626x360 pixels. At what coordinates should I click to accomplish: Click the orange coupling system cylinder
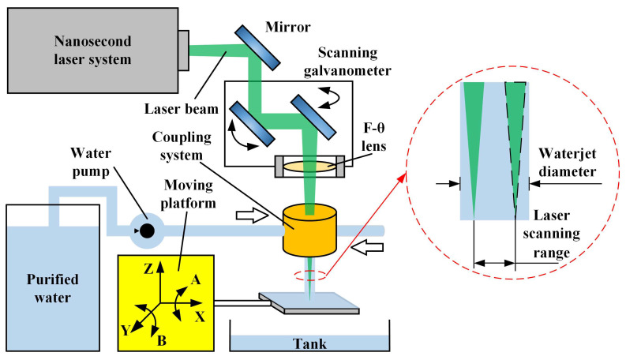tap(309, 230)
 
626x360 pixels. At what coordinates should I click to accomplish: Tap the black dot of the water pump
tap(145, 231)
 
